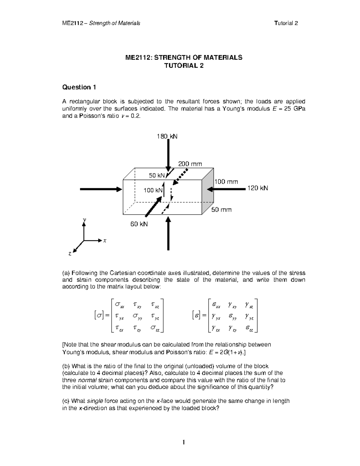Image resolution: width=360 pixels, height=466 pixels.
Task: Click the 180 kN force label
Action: tap(167, 137)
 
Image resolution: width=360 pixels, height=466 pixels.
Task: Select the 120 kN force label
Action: tap(257, 188)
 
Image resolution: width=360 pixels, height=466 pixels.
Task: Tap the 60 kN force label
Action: tap(139, 224)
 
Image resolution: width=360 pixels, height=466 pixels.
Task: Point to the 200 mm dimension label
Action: tap(190, 164)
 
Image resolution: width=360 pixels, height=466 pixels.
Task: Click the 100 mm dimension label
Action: tap(226, 182)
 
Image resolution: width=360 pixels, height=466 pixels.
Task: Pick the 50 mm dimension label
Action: tap(221, 210)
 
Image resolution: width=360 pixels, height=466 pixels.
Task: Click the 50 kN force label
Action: tap(157, 176)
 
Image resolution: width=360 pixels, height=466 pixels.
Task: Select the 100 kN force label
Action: tap(153, 190)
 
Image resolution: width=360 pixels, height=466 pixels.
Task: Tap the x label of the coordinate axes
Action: tap(105, 241)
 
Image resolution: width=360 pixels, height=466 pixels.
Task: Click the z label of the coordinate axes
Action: tap(70, 254)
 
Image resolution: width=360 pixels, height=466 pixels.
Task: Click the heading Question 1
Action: tap(79, 87)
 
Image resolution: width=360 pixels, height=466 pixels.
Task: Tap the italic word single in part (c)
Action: tap(95, 401)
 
